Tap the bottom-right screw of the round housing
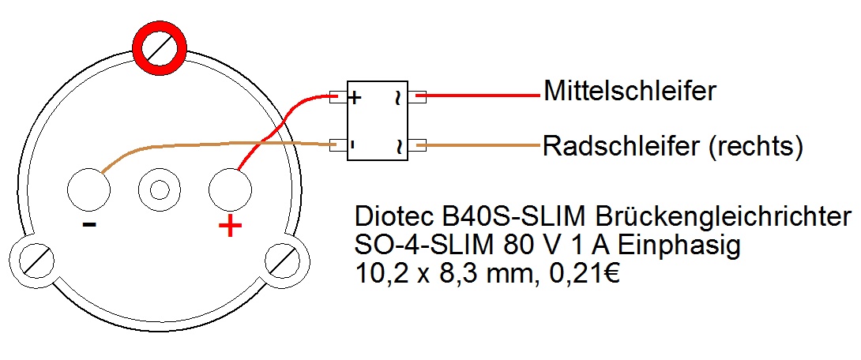point(282,258)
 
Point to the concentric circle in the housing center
point(159,190)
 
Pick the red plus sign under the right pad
point(230,227)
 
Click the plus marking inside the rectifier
point(355,98)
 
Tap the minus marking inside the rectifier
point(352,145)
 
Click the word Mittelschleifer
point(630,92)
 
